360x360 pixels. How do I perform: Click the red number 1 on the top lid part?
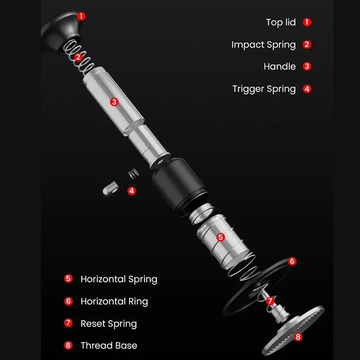[x=81, y=16]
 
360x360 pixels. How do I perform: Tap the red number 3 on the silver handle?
[x=114, y=102]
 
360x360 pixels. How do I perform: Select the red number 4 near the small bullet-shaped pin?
[x=131, y=191]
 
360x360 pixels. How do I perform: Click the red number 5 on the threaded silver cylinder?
[x=220, y=237]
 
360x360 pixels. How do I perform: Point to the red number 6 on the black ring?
[x=292, y=261]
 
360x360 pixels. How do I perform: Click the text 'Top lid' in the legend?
[x=280, y=22]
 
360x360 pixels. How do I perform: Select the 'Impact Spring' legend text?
[x=263, y=45]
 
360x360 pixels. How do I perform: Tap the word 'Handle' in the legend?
[x=279, y=67]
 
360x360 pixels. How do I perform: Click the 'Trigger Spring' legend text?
[x=264, y=89]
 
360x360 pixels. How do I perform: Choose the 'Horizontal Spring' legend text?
[x=119, y=279]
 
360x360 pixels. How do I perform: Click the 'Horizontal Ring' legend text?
[x=114, y=301]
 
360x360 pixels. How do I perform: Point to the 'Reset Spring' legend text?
[x=108, y=324]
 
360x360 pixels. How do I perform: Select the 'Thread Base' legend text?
[x=108, y=346]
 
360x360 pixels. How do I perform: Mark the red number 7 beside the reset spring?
[x=270, y=301]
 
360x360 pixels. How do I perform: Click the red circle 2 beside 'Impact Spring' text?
[x=307, y=45]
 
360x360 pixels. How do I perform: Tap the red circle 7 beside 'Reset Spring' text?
[x=68, y=324]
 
